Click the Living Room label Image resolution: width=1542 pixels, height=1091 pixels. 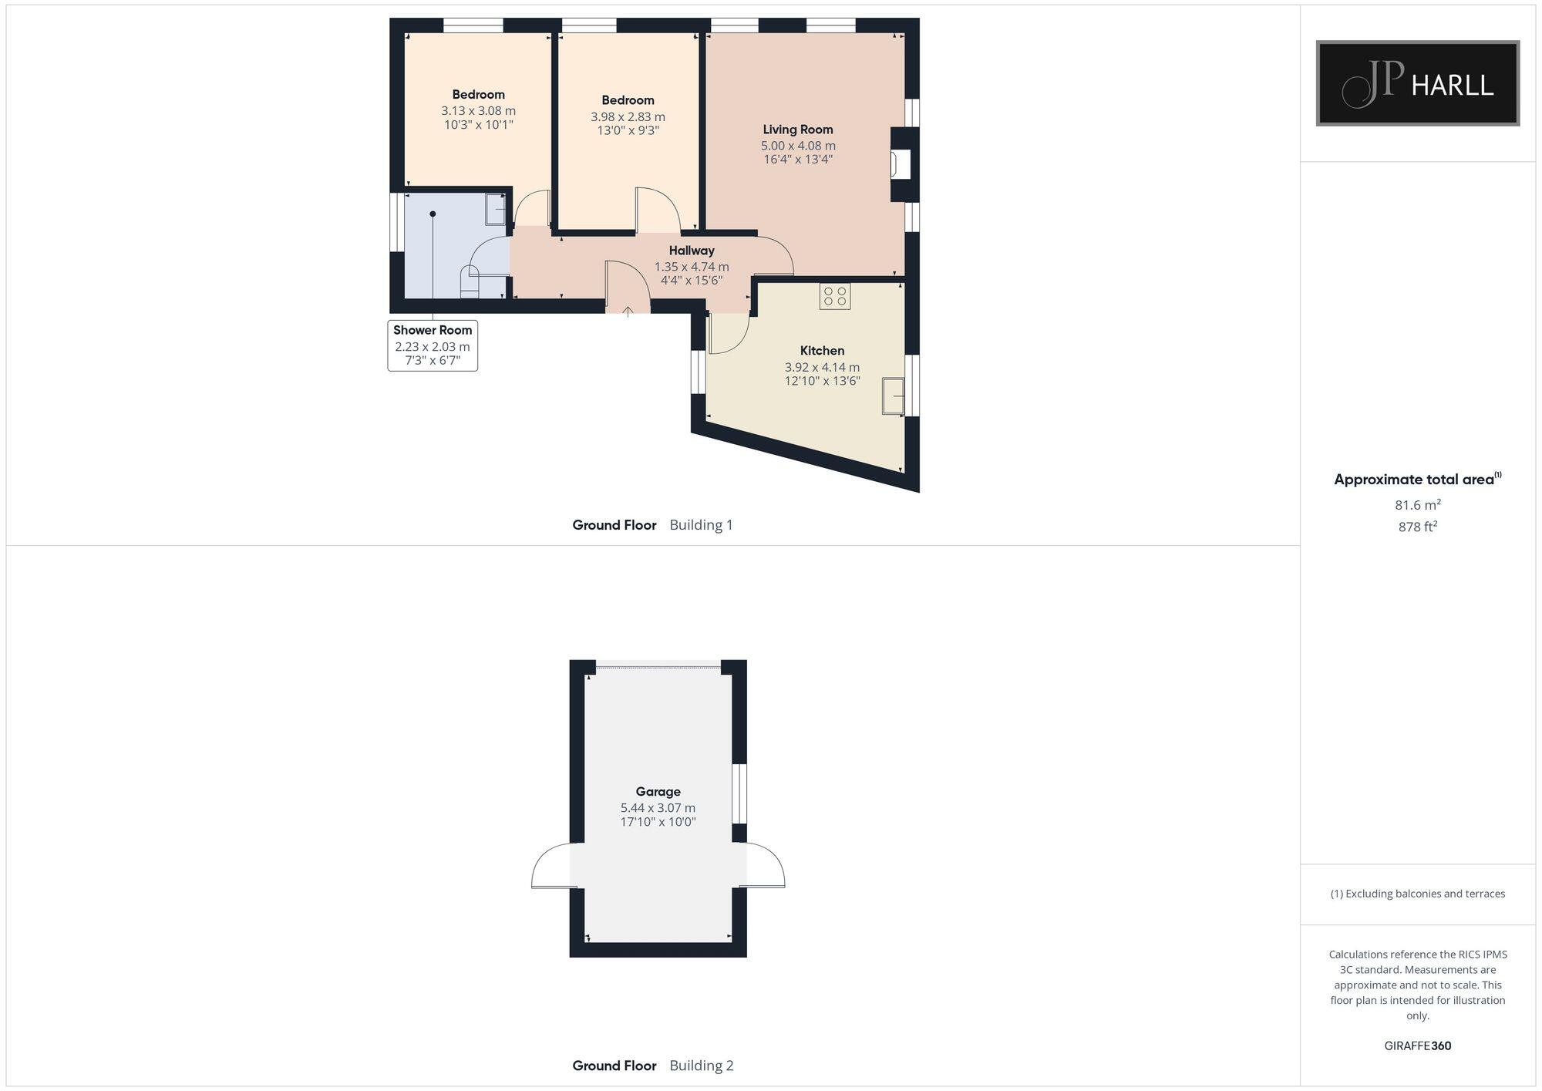[798, 130]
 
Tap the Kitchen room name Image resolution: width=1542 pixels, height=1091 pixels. [822, 351]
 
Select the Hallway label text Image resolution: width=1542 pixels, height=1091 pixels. [692, 251]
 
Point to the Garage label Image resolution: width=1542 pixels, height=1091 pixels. [658, 791]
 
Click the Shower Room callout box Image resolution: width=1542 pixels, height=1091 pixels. [433, 345]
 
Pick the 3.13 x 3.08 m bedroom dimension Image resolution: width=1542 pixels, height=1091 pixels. [478, 111]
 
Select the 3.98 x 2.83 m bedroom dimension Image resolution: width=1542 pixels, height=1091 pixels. [628, 117]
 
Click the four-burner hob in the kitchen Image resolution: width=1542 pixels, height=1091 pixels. [835, 297]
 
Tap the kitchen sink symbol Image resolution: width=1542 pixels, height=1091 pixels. [894, 396]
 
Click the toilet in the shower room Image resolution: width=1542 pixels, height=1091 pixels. [469, 281]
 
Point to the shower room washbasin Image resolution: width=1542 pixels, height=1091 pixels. [495, 209]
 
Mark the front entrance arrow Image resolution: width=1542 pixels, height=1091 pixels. [628, 311]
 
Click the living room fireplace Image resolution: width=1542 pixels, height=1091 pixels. [901, 164]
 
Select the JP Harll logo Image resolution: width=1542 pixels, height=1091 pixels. [1417, 83]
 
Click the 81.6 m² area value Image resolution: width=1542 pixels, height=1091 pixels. [1417, 505]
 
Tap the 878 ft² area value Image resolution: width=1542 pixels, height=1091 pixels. [1417, 527]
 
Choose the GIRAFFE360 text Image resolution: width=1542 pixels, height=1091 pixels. [1417, 1046]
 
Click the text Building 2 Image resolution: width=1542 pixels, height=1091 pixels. [702, 1066]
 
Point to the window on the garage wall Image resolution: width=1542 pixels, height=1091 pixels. [739, 793]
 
